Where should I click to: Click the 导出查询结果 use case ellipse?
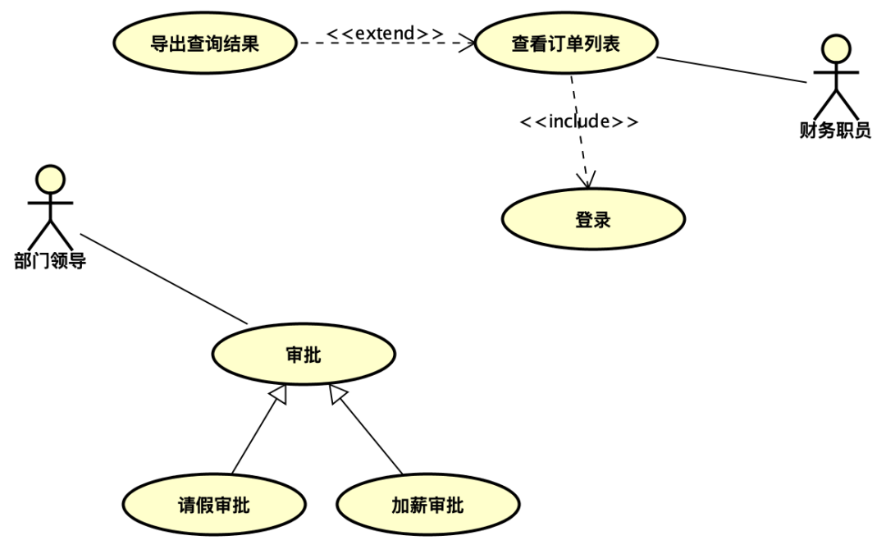pos(204,44)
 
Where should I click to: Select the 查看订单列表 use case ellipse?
pos(566,44)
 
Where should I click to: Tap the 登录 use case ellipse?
pos(593,220)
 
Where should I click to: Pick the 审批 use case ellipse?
pos(304,355)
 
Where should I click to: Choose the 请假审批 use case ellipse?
pos(213,505)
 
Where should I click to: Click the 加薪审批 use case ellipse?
pos(427,505)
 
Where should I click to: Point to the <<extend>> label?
pos(385,34)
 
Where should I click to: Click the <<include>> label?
pos(579,121)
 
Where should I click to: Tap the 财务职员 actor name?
pos(835,130)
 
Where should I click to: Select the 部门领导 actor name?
pos(50,261)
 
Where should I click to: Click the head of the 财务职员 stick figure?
pos(836,48)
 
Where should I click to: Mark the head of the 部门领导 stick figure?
pos(50,179)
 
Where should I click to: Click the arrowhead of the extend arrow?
pos(468,43)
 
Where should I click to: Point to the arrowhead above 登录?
pos(587,180)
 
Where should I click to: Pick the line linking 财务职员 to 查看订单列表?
pos(732,70)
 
